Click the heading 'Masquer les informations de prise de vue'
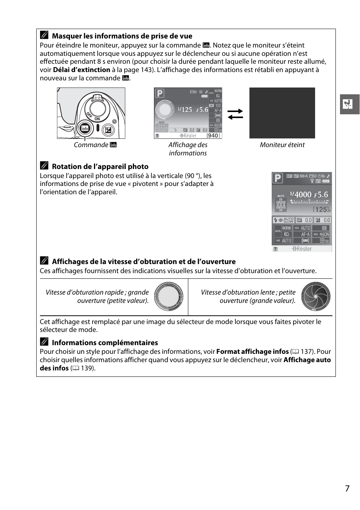click(122, 36)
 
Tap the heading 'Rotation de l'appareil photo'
click(100, 167)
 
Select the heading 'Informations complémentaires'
click(105, 343)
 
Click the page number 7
click(347, 488)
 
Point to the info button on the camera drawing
click(85, 128)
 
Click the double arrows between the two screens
click(235, 114)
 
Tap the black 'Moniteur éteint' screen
click(282, 113)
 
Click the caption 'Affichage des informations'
click(188, 149)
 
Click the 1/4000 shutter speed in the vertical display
click(300, 195)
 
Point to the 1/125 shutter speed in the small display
click(185, 110)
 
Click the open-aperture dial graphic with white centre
click(168, 296)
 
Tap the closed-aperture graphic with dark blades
click(315, 296)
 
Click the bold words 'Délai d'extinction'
click(82, 70)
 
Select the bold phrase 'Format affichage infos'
click(252, 352)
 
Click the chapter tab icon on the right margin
click(349, 104)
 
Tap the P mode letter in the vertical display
click(278, 178)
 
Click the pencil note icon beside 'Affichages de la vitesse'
click(44, 261)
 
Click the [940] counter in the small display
click(213, 136)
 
